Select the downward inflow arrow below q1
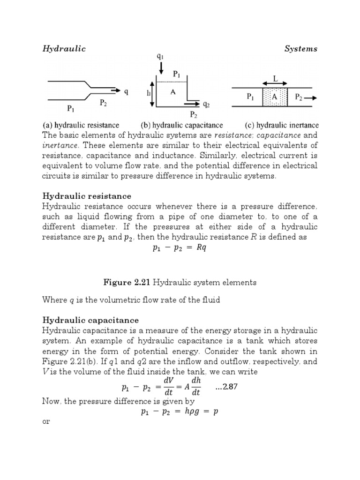[161, 69]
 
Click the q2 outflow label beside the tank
[206, 105]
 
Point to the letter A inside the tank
[172, 92]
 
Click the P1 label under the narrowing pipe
[71, 109]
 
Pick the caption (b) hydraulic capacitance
[182, 125]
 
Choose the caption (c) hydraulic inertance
[282, 125]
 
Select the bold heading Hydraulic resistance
[87, 196]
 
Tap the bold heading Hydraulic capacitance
[90, 320]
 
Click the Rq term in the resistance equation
[200, 248]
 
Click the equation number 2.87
[229, 387]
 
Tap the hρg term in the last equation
[184, 412]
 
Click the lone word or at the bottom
[46, 421]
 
